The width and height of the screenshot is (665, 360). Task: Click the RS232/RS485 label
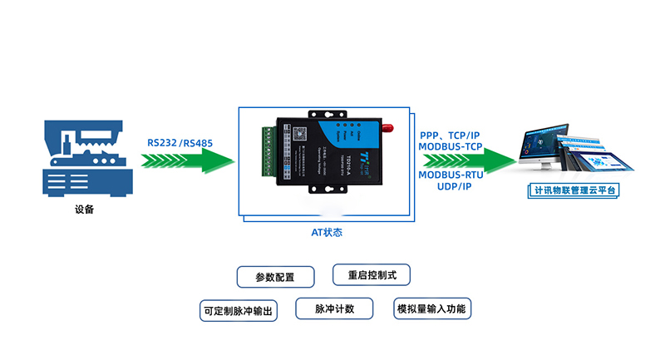point(180,142)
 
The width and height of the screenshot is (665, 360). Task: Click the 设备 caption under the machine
point(83,210)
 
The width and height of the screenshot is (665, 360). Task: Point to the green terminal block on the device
point(268,150)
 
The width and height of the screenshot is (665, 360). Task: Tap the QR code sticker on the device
point(297,132)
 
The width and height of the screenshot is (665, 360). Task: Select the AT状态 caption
point(327,233)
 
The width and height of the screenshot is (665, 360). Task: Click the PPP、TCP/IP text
point(450,135)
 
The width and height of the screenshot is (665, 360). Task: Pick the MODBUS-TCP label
point(450,146)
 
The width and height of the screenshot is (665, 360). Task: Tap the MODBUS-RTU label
point(450,175)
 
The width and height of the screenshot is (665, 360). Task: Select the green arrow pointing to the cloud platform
point(465,160)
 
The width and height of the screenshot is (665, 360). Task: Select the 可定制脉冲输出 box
point(238,311)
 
